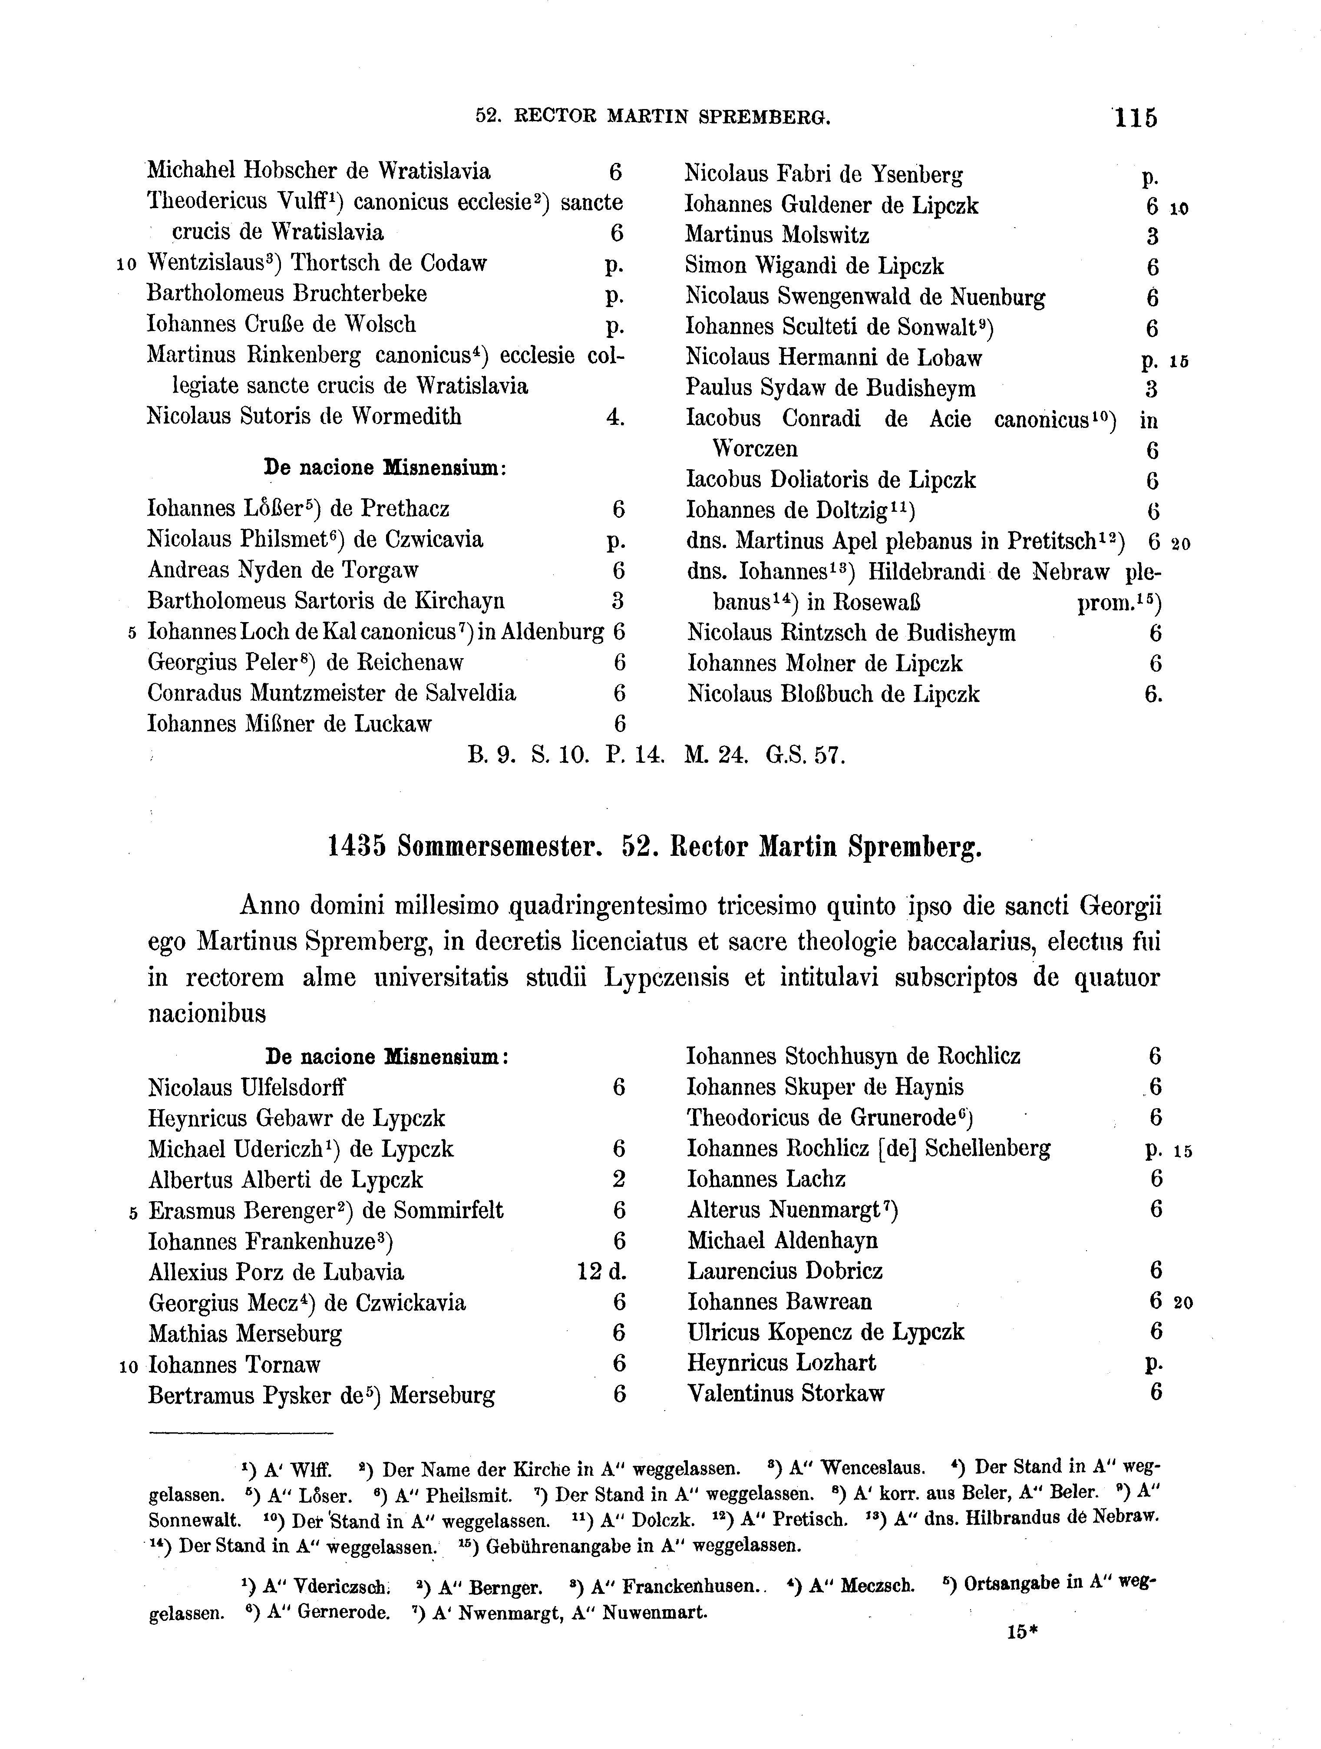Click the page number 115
(x=1135, y=118)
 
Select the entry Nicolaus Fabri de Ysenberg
(x=823, y=173)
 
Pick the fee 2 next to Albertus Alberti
(x=618, y=1180)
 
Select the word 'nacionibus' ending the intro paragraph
(x=207, y=1014)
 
